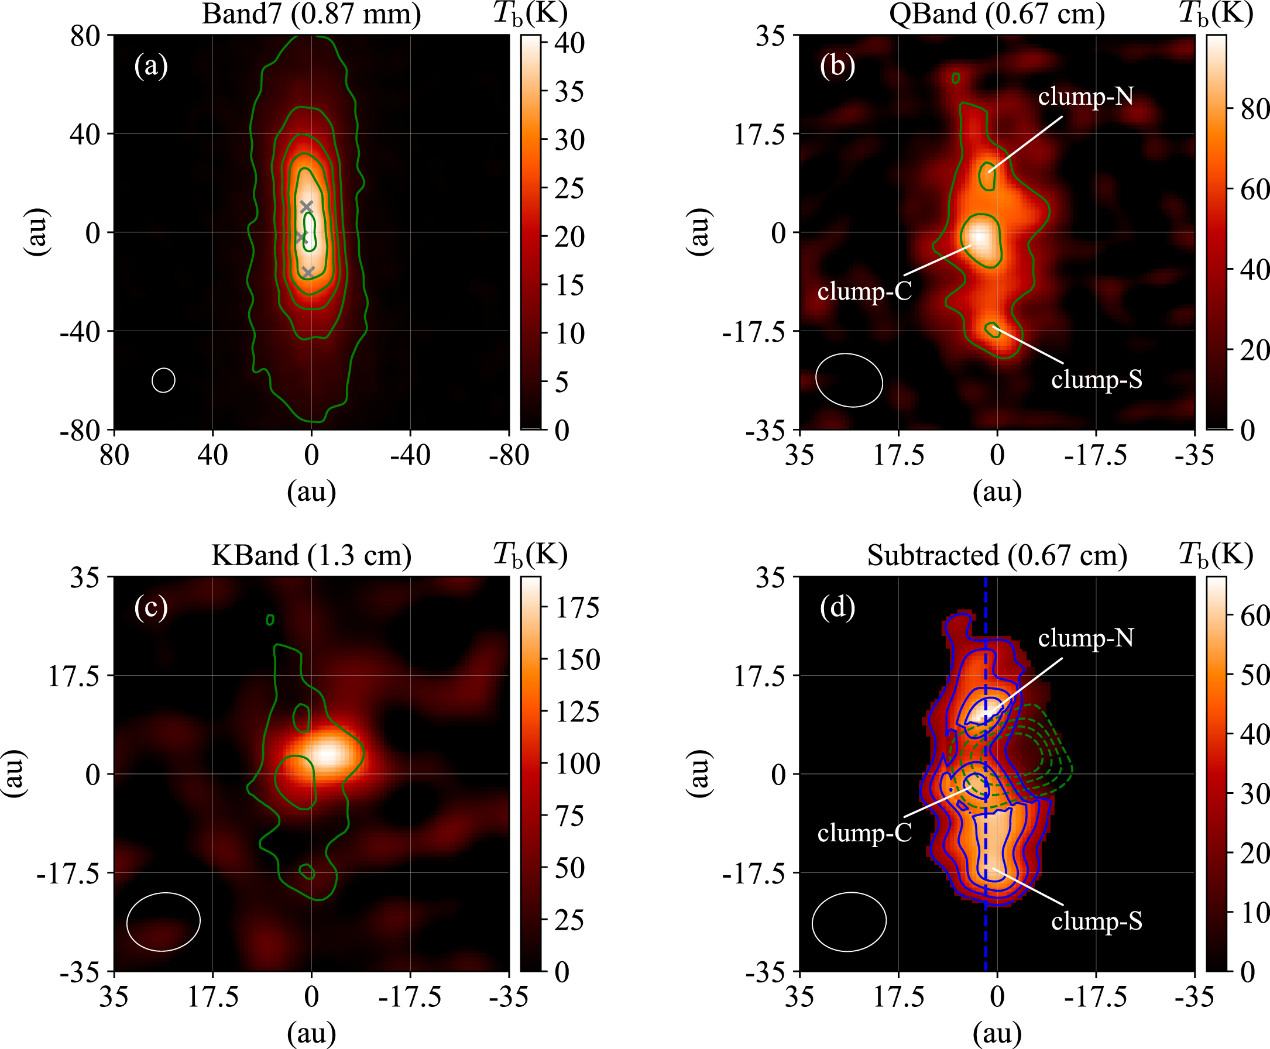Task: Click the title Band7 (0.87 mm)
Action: click(x=311, y=14)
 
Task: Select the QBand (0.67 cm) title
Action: click(x=997, y=14)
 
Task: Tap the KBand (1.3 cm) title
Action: click(x=311, y=555)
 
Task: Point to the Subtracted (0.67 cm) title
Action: click(x=997, y=555)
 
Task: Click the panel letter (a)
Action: click(x=151, y=66)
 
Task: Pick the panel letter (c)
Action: click(x=151, y=607)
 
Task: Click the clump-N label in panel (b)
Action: click(x=1086, y=97)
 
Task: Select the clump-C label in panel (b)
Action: click(x=864, y=291)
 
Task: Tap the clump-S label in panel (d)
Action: click(x=1097, y=921)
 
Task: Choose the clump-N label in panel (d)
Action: click(x=1086, y=638)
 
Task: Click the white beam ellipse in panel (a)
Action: click(x=163, y=380)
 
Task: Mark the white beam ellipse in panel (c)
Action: click(x=163, y=921)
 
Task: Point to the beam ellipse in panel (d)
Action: click(x=849, y=921)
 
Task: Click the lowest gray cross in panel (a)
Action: click(x=308, y=272)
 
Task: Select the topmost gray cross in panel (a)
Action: click(x=307, y=207)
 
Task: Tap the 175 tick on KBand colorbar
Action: click(x=578, y=607)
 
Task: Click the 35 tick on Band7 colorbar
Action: click(x=569, y=92)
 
